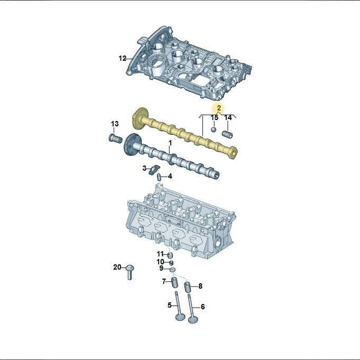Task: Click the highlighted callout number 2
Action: click(219, 108)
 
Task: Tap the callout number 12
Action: click(123, 58)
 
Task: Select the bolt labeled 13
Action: click(115, 139)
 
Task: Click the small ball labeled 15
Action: click(214, 130)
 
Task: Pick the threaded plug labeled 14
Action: click(227, 134)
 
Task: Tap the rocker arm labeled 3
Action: click(153, 170)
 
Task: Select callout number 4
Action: click(170, 177)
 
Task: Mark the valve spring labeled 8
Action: click(188, 287)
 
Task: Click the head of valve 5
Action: click(180, 318)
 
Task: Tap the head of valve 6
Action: click(193, 319)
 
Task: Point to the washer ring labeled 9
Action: click(173, 269)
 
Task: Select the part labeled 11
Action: click(170, 255)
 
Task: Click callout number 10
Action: click(161, 262)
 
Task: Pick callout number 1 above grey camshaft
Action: click(170, 143)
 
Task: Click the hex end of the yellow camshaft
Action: click(233, 152)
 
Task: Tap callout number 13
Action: click(115, 124)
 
